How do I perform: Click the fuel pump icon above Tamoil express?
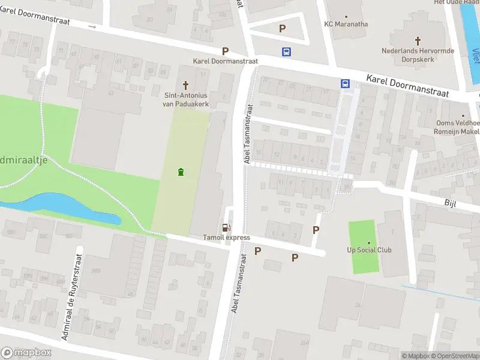[226, 227]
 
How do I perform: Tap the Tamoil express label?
[226, 238]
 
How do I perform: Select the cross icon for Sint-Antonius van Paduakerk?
[185, 85]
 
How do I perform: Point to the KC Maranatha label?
[346, 24]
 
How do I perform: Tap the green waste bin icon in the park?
[181, 173]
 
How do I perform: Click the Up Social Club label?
[369, 250]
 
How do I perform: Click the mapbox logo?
[26, 353]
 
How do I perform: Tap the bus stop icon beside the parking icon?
[287, 52]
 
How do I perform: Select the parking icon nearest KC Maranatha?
[282, 28]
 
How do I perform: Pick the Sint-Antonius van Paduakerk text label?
[185, 98]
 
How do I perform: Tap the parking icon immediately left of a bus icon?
[226, 52]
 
